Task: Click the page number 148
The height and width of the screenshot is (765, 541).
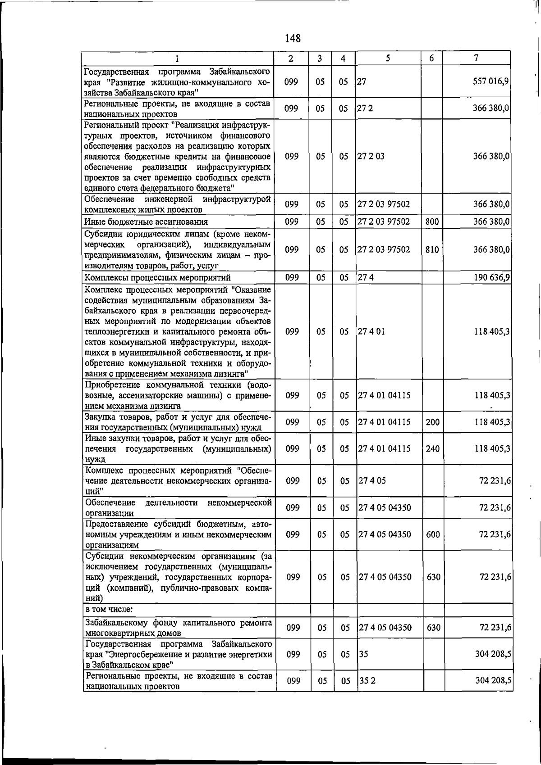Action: [293, 38]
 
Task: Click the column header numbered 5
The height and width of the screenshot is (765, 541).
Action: [388, 58]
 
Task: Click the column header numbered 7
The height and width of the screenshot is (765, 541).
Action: [477, 58]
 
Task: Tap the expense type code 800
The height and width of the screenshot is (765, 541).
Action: [432, 222]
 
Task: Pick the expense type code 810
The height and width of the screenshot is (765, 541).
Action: [432, 249]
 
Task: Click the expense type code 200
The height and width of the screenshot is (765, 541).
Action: [432, 422]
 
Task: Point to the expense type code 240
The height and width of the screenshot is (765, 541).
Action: [432, 449]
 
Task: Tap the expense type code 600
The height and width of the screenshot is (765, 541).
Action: [433, 534]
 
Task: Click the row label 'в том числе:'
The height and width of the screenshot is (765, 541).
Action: [109, 610]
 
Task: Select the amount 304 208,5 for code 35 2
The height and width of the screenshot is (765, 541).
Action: [493, 681]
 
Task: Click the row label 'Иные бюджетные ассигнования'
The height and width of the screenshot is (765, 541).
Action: [146, 222]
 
